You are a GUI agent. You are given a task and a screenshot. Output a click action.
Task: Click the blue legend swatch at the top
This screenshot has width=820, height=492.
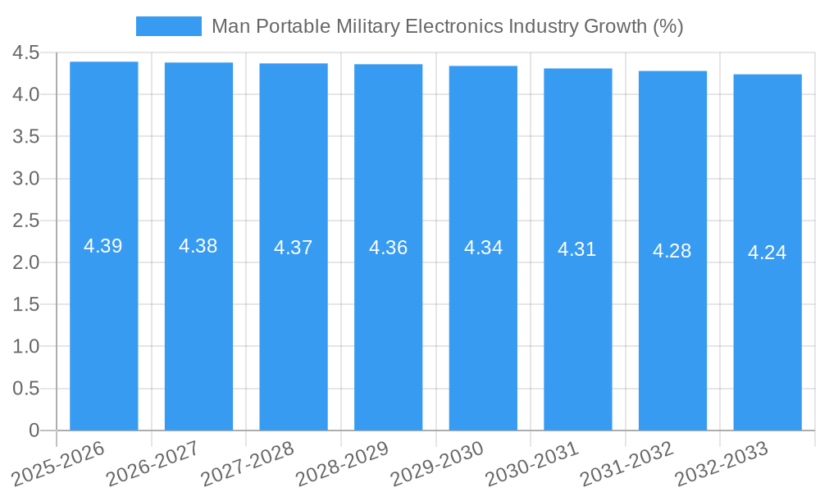pyautogui.click(x=168, y=26)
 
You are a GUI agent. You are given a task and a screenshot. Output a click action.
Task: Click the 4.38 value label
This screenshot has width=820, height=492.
pyautogui.click(x=198, y=246)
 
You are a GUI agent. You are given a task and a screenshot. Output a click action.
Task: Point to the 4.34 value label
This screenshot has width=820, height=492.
pyautogui.click(x=484, y=248)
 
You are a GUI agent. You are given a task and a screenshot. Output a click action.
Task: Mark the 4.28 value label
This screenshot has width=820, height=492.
pyautogui.click(x=672, y=251)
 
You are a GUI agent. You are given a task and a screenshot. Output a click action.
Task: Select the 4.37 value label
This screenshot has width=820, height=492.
pyautogui.click(x=294, y=248)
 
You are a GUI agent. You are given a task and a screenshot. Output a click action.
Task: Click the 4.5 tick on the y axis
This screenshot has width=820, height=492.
pyautogui.click(x=25, y=53)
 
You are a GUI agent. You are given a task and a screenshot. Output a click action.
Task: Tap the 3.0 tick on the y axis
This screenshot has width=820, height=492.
pyautogui.click(x=25, y=179)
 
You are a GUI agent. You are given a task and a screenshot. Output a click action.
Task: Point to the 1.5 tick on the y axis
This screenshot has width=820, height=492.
pyautogui.click(x=25, y=304)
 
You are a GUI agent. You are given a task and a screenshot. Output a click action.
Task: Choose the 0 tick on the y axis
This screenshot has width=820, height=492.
pyautogui.click(x=34, y=430)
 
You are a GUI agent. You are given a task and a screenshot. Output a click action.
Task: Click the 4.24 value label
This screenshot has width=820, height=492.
pyautogui.click(x=768, y=253)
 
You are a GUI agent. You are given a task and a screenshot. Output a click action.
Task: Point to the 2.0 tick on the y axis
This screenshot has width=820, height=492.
pyautogui.click(x=25, y=262)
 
